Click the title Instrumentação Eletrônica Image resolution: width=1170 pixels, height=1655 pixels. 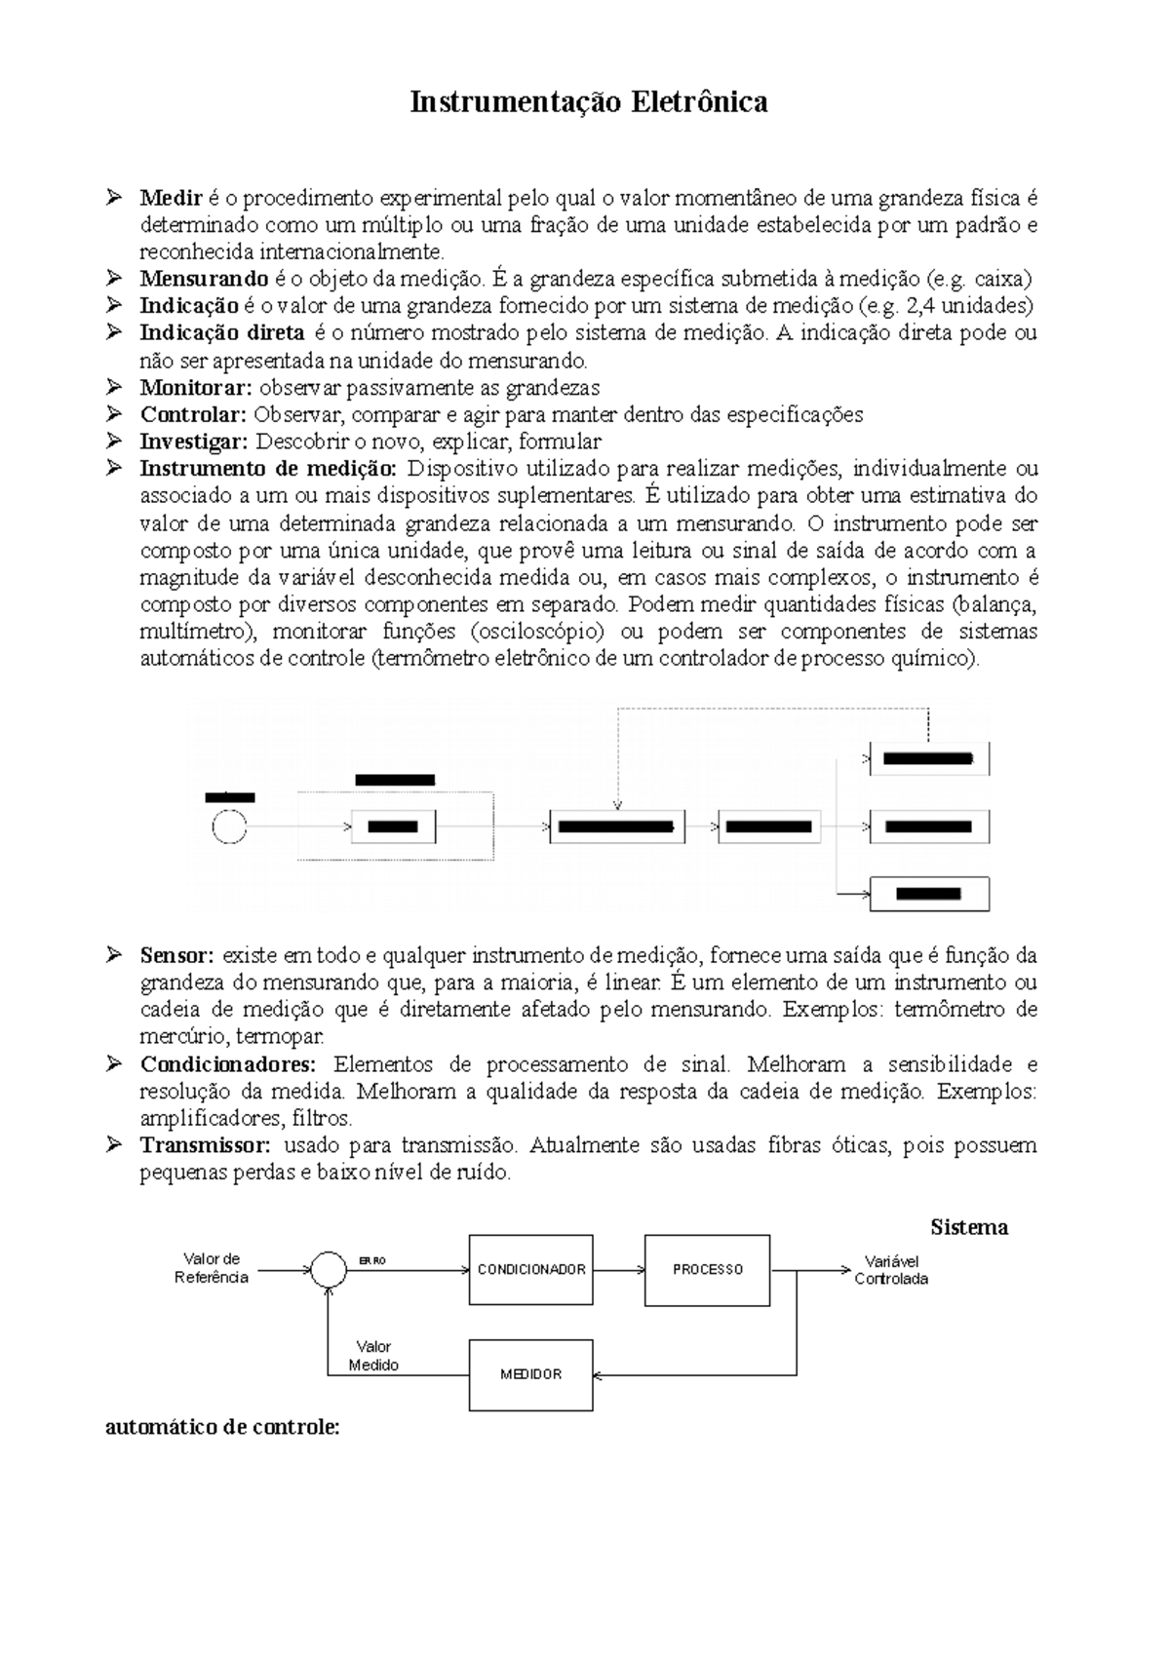[588, 102]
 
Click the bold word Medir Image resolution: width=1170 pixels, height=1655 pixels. [171, 199]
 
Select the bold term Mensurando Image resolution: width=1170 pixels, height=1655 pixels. [203, 279]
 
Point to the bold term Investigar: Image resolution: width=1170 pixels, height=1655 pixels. [194, 442]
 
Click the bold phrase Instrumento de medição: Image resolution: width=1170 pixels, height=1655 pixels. [269, 469]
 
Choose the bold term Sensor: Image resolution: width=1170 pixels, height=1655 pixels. [176, 955]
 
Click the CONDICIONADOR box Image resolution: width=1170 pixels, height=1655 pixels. [531, 1270]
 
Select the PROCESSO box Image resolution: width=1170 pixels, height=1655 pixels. [707, 1270]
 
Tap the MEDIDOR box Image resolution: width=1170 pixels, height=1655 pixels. [531, 1374]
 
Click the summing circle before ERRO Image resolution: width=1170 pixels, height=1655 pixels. [330, 1270]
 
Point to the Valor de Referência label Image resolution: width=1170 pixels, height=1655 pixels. [212, 1268]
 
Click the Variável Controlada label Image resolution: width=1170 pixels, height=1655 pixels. [891, 1270]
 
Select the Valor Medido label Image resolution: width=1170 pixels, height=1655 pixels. [373, 1356]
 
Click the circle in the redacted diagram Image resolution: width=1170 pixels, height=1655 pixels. [230, 827]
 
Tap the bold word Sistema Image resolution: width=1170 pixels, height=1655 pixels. [968, 1227]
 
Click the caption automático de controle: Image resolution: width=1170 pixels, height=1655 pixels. [222, 1428]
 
